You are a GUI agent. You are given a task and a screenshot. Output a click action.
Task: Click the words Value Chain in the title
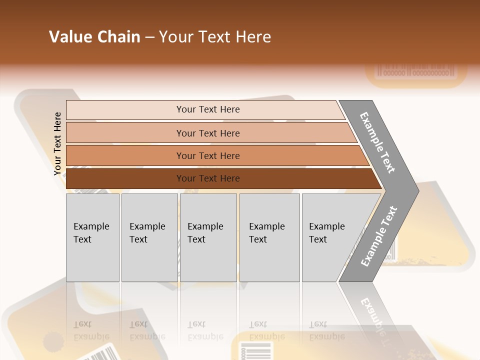(94, 37)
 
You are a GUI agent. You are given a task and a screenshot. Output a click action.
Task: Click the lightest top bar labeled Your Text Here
(207, 109)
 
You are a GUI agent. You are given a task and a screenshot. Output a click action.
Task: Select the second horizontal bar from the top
(208, 133)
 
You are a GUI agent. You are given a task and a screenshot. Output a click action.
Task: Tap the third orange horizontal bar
(208, 155)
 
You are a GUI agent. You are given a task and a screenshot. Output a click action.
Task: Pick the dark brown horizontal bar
(208, 178)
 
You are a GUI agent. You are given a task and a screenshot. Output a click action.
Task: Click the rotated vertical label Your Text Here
(58, 144)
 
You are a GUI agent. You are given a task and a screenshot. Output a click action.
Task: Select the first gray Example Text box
(92, 237)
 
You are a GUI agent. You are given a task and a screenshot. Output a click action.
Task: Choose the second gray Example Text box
(149, 237)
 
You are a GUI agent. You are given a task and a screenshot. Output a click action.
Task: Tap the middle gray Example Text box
(208, 237)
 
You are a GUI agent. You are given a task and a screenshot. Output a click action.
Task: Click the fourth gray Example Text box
(269, 237)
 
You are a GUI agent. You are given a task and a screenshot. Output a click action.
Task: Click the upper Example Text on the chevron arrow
(377, 142)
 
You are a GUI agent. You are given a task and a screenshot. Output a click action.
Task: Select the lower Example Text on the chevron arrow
(379, 236)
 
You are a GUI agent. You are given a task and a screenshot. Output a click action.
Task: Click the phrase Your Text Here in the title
(215, 37)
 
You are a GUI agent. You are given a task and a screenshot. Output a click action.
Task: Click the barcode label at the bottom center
(255, 350)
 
